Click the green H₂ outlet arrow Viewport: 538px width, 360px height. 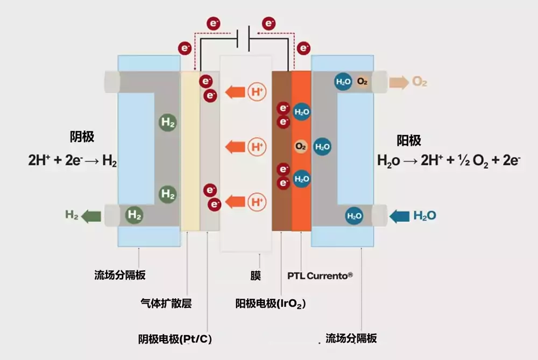point(91,216)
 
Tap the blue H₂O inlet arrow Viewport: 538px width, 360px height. point(399,216)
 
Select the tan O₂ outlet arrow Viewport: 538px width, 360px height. point(399,82)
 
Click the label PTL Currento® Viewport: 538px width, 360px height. point(320,276)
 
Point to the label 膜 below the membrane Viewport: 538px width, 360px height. point(255,276)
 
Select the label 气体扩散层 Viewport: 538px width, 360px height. point(166,303)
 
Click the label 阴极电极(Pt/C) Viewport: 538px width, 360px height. point(175,339)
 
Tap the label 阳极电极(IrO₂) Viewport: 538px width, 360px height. point(271,303)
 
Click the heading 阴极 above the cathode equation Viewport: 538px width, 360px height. point(82,137)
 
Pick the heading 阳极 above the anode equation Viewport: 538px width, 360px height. point(409,140)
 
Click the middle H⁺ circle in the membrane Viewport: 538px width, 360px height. point(257,147)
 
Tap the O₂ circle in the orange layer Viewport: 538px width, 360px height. point(301,146)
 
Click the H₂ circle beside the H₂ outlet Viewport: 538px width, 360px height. point(134,215)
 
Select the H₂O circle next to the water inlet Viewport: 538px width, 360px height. point(354,216)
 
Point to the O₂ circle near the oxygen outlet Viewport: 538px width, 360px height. point(362,81)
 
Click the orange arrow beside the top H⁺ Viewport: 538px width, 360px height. point(235,92)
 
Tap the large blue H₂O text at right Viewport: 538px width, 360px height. point(425,216)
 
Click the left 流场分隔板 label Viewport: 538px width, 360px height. point(120,275)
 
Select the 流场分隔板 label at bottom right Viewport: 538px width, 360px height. point(351,338)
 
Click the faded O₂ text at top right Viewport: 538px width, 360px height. point(419,82)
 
